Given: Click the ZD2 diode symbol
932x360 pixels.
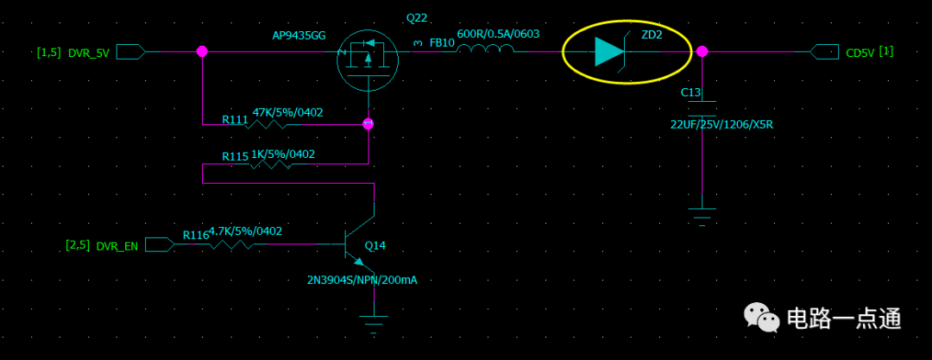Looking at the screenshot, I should coord(609,52).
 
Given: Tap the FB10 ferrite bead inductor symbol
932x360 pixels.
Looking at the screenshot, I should coord(485,51).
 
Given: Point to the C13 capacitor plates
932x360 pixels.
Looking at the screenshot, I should coord(702,109).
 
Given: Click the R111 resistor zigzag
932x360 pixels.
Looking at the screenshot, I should coord(268,124).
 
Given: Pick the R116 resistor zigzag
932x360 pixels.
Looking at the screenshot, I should coord(232,244).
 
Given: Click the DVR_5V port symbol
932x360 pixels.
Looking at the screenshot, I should coord(130,52).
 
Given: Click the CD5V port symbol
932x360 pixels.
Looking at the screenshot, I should coord(824,52).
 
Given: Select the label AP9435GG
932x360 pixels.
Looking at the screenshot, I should coord(299,36).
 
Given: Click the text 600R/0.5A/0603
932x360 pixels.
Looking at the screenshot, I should coord(498,34).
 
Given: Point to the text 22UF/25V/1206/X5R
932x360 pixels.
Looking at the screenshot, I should coord(721,124).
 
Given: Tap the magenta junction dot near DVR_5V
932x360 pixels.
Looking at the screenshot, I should coord(202,52).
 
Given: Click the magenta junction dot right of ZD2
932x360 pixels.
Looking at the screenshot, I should coord(702,52).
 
